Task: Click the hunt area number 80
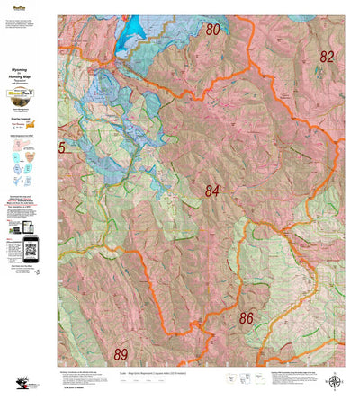(212, 30)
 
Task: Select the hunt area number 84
(211, 190)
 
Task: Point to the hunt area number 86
(245, 317)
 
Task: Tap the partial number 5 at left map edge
(62, 147)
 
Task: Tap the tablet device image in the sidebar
(17, 241)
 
